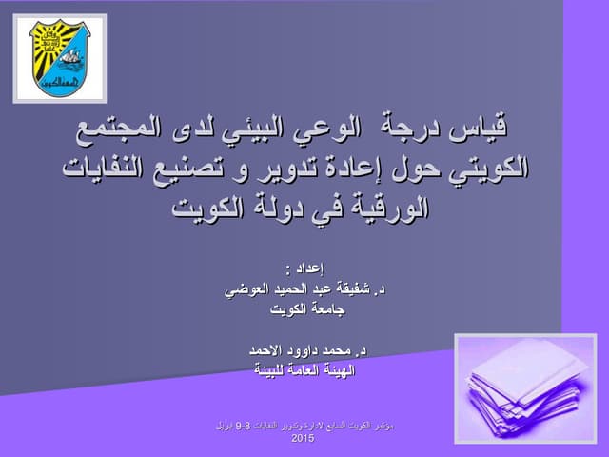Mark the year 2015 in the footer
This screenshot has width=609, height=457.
point(303,439)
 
